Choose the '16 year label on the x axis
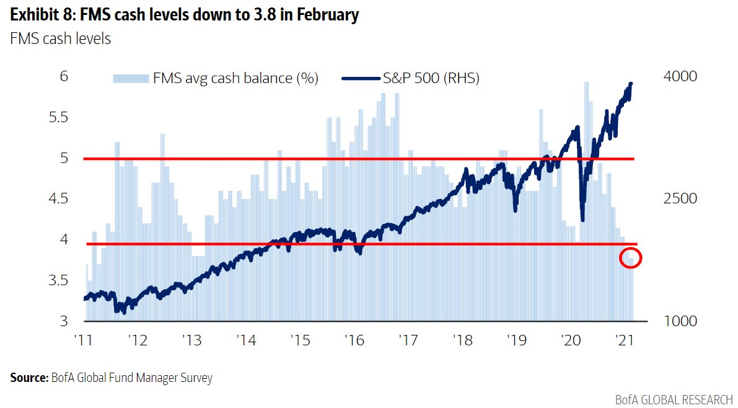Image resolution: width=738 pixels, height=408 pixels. pyautogui.click(x=354, y=340)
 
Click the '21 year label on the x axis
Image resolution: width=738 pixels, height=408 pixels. pyautogui.click(x=623, y=340)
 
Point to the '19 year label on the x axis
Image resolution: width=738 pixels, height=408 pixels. pyautogui.click(x=516, y=340)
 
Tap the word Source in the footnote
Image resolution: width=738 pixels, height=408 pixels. pyautogui.click(x=27, y=377)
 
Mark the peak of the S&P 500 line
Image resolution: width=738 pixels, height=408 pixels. pyautogui.click(x=631, y=84)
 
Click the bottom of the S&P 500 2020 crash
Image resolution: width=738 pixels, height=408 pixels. pyautogui.click(x=582, y=219)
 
